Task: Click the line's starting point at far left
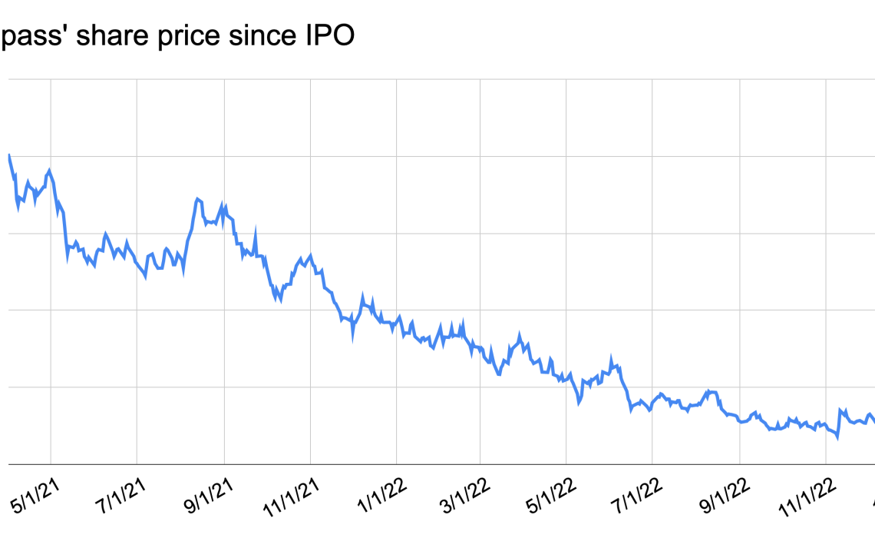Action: [8, 155]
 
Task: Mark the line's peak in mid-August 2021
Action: [197, 199]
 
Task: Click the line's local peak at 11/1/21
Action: [310, 254]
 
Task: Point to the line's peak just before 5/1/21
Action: [50, 170]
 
